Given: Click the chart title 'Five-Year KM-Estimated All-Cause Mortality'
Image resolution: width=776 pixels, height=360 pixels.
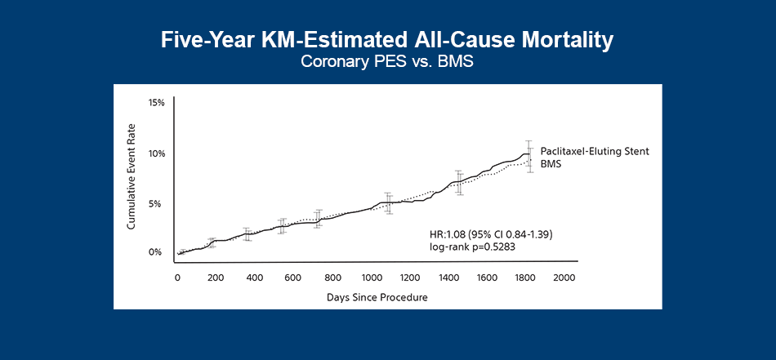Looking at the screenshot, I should click(x=387, y=40).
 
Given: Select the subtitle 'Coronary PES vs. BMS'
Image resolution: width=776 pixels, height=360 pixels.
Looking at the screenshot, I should click(x=387, y=62).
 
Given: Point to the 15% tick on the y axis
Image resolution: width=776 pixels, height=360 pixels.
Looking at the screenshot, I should click(x=157, y=103).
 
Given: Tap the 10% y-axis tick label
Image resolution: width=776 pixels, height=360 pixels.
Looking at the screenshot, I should click(x=157, y=153).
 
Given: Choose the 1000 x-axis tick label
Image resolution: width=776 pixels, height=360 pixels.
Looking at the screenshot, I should click(x=372, y=278).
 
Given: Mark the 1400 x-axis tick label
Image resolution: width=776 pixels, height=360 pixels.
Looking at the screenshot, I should click(x=449, y=278).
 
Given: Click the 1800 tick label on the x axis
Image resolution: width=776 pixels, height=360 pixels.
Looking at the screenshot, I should click(x=526, y=278).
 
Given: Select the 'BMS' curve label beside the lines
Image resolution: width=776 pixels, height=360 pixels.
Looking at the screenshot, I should click(x=551, y=164).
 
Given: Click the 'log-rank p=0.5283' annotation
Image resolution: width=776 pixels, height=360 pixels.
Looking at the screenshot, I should click(x=472, y=246).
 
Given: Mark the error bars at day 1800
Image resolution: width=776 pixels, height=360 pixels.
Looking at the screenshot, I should click(x=528, y=156).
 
